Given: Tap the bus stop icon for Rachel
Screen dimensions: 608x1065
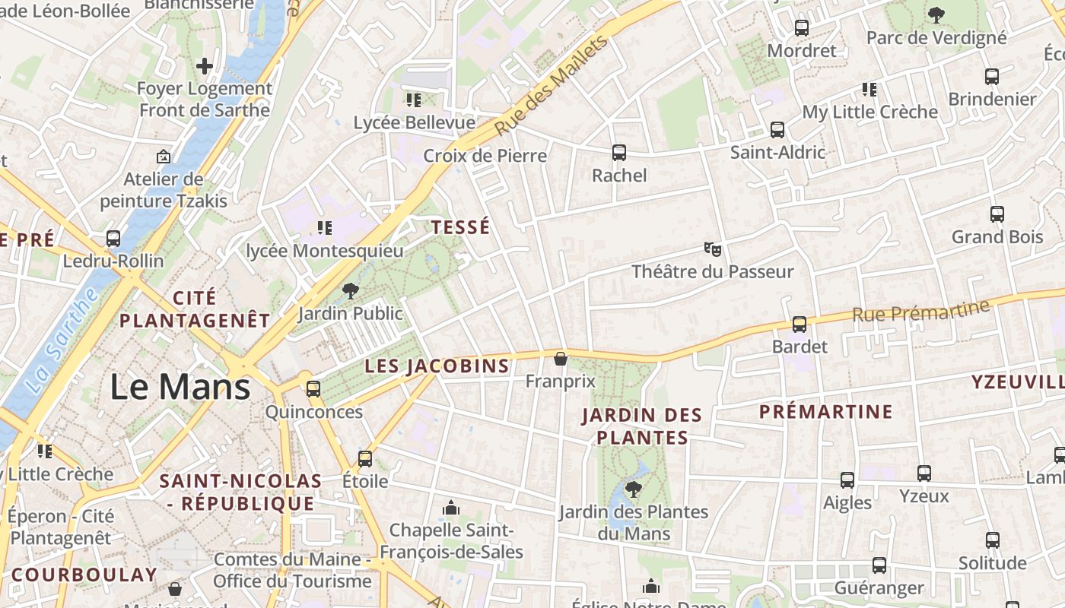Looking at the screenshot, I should point(619,153).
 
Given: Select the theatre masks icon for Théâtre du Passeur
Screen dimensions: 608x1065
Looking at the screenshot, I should point(712,249).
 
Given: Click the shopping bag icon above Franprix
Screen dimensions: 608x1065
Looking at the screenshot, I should point(561,359).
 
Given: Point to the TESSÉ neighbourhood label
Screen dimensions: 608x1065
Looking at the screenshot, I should point(460,227).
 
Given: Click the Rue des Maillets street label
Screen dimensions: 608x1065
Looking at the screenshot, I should point(552,85).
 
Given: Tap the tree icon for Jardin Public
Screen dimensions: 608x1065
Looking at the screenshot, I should point(351,290).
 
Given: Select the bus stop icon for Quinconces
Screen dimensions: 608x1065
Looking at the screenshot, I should point(313,389).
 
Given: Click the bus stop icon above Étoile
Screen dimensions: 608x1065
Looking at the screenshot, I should point(365,459).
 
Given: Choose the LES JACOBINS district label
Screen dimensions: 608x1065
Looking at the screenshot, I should point(437,366).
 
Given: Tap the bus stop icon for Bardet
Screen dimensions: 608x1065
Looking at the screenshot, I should point(800,325).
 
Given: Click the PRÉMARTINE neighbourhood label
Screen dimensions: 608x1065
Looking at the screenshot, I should point(825,412).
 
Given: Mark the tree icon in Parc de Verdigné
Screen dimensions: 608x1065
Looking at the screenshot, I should point(936,14).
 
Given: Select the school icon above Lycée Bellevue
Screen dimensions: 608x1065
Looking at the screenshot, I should point(414,100).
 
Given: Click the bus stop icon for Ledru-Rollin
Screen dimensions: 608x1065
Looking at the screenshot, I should point(113,239).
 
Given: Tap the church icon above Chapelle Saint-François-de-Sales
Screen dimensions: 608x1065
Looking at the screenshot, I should point(451,507).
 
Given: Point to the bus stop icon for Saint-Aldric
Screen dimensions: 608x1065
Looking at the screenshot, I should point(777,130).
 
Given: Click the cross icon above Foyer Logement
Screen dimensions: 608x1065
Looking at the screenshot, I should point(204,66).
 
